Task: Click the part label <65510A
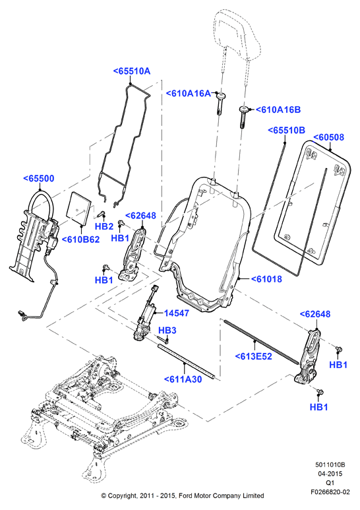[x=132, y=71]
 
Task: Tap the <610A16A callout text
[x=189, y=93]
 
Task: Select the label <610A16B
[x=278, y=110]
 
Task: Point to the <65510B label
[x=287, y=131]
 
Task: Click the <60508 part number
[x=328, y=137]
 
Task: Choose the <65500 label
[x=39, y=178]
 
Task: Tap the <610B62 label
[x=80, y=239]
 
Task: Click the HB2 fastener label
[x=104, y=226]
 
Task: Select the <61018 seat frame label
[x=266, y=278]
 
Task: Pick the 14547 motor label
[x=177, y=313]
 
